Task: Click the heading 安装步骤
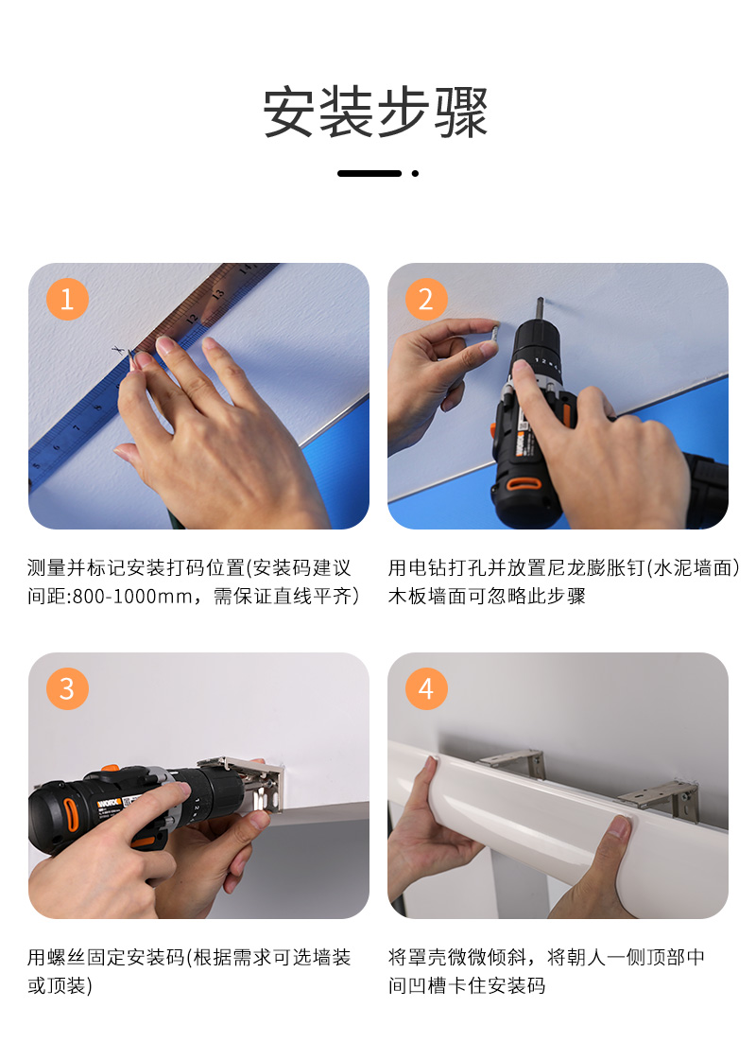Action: coord(376,112)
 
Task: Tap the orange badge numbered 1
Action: coord(67,299)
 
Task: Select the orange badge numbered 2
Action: coord(426,299)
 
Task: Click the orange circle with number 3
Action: coord(67,688)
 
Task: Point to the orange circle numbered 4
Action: coord(426,688)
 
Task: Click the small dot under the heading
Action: coord(415,173)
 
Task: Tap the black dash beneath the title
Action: coord(369,173)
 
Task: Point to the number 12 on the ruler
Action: coord(191,319)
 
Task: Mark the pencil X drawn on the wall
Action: coord(119,349)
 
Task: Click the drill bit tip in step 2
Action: coord(541,300)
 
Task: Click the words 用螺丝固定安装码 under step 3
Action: coord(106,957)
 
